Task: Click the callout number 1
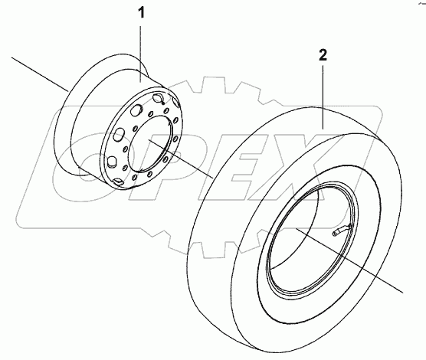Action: click(x=141, y=14)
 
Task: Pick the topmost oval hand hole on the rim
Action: click(x=160, y=99)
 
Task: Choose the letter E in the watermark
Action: click(x=238, y=161)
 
